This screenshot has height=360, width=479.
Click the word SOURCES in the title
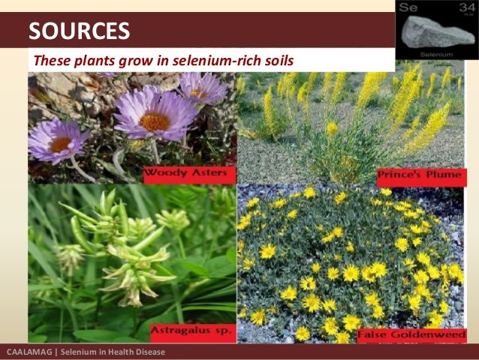pos(79,31)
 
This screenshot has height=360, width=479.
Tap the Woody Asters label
pos(188,174)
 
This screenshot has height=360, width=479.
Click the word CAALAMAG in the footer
pos(28,352)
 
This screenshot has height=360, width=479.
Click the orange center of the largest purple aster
pos(155,120)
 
